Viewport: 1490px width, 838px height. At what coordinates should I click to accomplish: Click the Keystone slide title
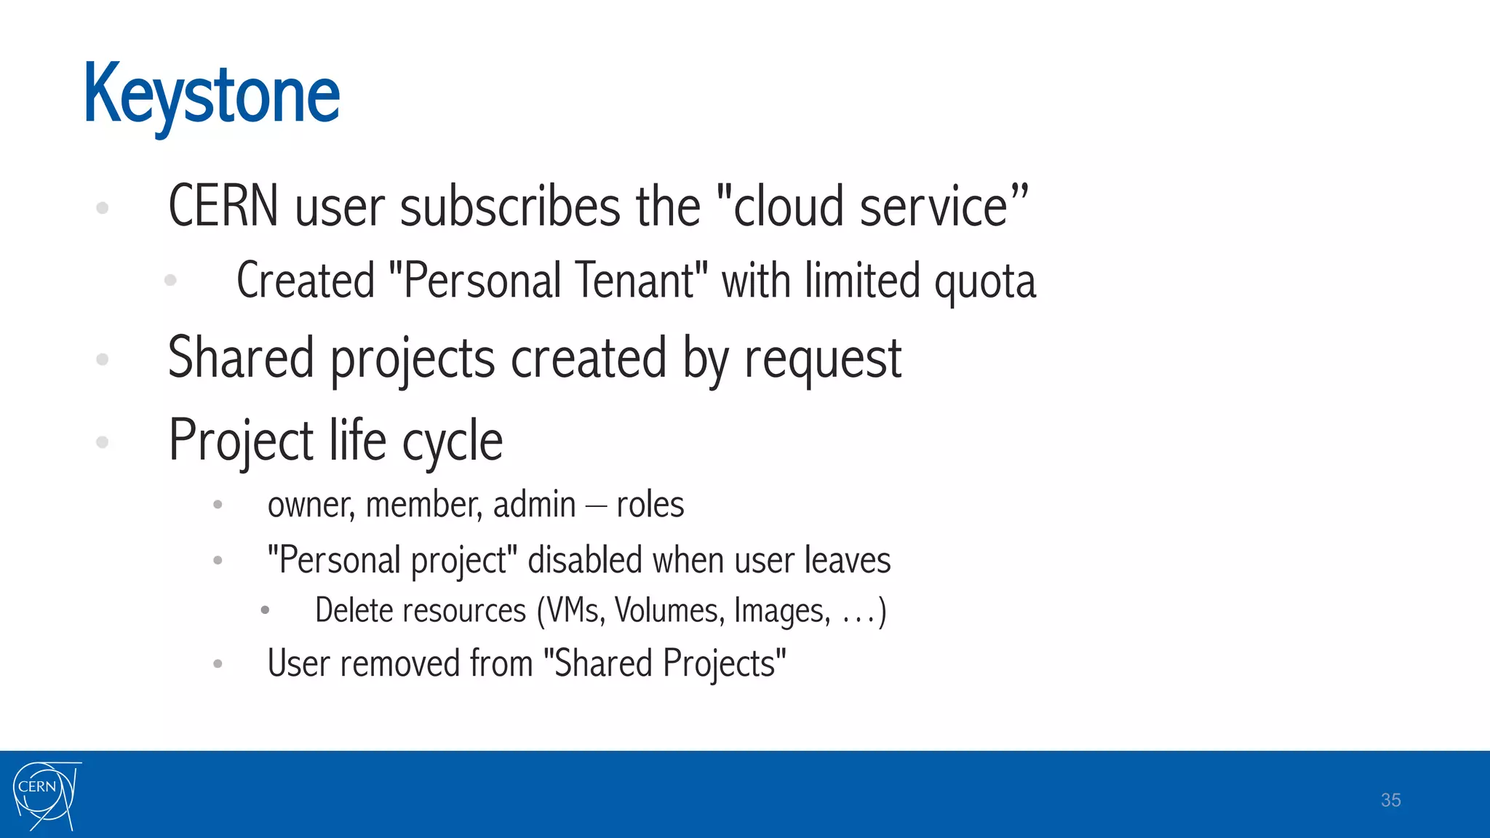(212, 95)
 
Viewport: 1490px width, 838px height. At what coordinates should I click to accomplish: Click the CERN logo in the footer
(45, 795)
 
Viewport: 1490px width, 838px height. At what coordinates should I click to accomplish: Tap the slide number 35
(1390, 800)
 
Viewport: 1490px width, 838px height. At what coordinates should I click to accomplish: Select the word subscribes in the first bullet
(509, 207)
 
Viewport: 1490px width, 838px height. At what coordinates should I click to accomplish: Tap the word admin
(534, 505)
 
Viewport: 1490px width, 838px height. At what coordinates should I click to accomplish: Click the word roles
(650, 505)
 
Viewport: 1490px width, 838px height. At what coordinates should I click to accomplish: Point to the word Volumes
(669, 611)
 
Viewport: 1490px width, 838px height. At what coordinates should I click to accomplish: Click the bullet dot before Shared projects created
(103, 359)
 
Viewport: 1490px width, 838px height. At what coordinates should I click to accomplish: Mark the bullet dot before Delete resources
(266, 610)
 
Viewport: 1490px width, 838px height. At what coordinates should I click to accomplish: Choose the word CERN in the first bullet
(223, 207)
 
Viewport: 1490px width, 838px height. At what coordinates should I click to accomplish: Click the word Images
(781, 611)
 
